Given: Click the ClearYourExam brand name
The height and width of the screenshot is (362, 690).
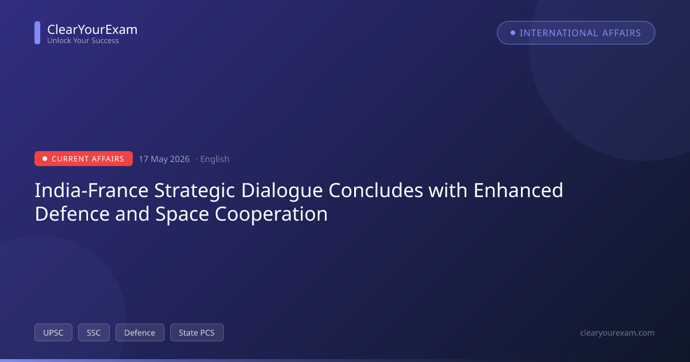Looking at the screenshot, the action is pos(93,29).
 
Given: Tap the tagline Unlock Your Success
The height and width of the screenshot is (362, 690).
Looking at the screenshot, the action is pos(83,40).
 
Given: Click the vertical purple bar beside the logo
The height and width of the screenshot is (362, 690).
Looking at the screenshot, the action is pos(37,33).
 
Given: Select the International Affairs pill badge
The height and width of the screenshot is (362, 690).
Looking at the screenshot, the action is pos(576,33).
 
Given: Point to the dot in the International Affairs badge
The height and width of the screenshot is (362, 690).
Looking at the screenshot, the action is pos(513,33).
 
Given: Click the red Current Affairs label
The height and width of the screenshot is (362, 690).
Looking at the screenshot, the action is pos(83,159).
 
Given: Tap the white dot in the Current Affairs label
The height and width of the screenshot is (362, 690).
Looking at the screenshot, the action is pos(45,159).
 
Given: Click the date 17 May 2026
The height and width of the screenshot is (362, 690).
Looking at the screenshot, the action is pos(164,159).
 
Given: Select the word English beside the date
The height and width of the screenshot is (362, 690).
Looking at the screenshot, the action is pos(214,159).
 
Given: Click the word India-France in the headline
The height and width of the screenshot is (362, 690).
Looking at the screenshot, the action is pos(91,190).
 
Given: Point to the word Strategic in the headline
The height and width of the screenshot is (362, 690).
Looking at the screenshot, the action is pos(195,191).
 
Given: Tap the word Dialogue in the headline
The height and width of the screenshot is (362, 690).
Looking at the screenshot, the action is pos(282,191).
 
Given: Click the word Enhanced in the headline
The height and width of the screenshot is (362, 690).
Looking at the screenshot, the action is pos(519,190).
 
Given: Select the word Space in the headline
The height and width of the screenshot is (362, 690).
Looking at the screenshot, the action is pos(182,214).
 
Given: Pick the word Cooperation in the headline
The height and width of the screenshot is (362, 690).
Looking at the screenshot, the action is pos(271,214).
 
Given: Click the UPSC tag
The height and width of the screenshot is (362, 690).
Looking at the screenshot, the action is pos(53,333).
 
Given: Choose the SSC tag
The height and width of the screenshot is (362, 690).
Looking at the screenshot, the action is pos(94,333).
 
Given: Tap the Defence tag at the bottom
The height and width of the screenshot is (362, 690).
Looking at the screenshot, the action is pos(140,333).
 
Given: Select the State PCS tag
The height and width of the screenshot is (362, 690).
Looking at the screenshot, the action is pos(197,333).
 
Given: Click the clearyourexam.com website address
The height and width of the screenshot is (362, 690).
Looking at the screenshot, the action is pos(618,333).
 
